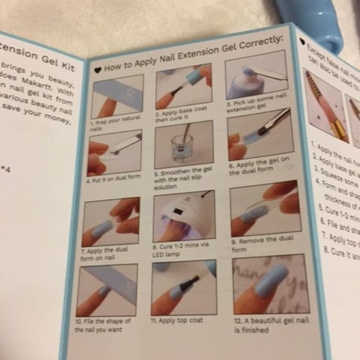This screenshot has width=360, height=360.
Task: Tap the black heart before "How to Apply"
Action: coord(97,70)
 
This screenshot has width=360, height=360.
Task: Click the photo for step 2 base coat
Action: coord(184,87)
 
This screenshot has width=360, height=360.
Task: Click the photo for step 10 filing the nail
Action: coord(107,289)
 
